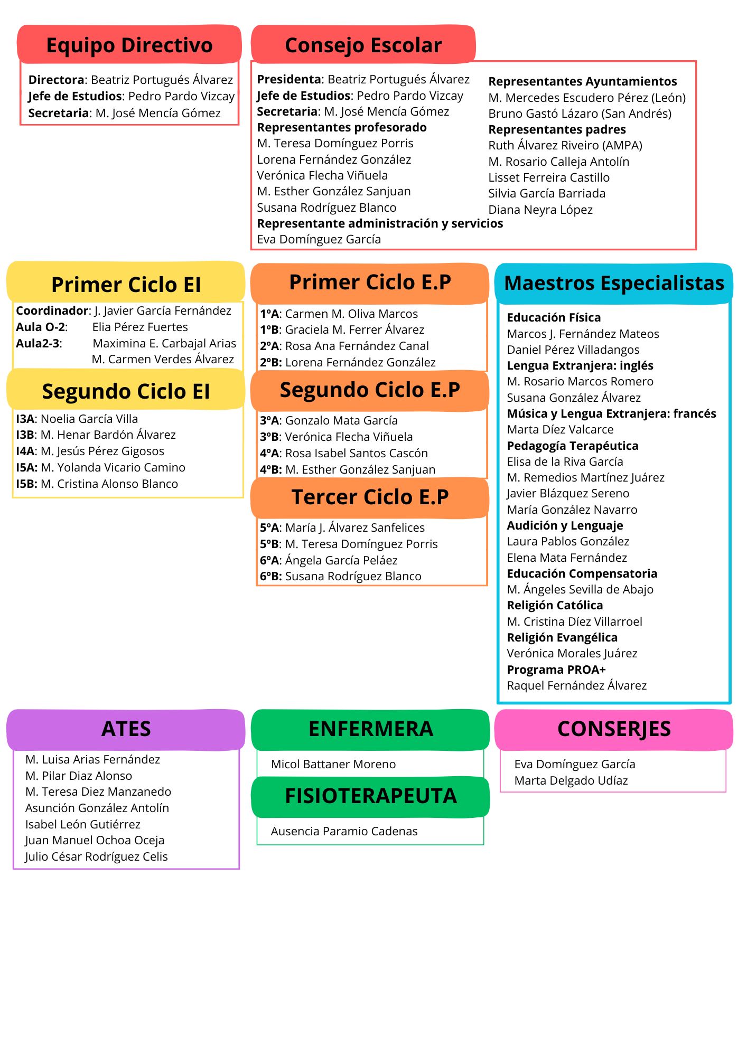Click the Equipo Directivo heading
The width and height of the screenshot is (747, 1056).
(129, 45)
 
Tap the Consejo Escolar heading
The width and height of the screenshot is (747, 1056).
(363, 45)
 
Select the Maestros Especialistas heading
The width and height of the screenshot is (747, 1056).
(614, 283)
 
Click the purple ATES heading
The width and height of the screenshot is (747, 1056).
(126, 729)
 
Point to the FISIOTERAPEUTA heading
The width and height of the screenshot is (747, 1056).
(371, 796)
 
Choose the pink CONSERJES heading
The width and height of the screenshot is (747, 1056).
(614, 729)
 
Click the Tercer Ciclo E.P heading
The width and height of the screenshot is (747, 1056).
(370, 497)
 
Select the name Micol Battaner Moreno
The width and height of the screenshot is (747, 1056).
(333, 764)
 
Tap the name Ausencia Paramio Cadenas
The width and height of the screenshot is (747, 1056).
(344, 831)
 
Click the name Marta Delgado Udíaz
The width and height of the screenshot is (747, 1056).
(571, 780)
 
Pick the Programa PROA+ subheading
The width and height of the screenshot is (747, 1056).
(556, 670)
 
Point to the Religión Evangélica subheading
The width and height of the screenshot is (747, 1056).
(562, 638)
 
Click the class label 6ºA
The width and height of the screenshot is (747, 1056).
(269, 560)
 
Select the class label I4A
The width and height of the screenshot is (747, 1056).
(26, 451)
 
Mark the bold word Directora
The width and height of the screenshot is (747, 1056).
(57, 80)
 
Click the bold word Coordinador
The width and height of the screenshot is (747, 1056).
(52, 310)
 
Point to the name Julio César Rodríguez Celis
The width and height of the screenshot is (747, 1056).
(97, 856)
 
